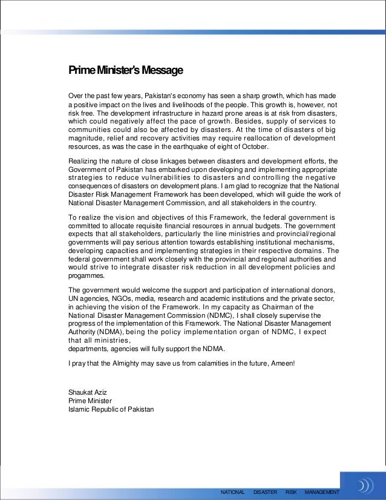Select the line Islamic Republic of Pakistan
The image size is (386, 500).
[x=111, y=409]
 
